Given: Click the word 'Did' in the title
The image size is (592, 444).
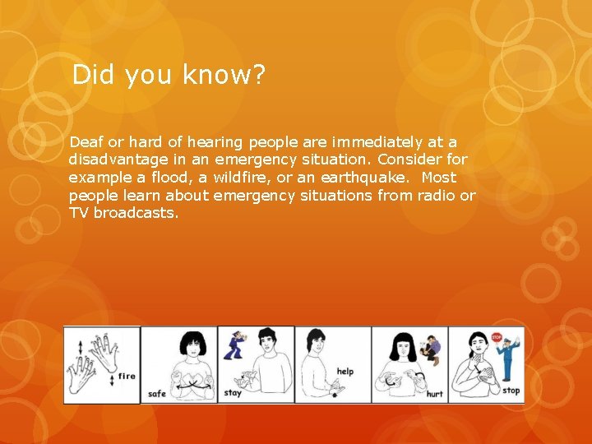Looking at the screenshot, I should (92, 76).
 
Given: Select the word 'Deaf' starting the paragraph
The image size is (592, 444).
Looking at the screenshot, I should (85, 142).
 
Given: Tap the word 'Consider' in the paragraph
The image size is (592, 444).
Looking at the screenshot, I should (409, 160).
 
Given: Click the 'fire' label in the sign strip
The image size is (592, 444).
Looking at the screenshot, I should (127, 377).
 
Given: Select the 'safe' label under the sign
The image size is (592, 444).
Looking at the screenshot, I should (157, 394).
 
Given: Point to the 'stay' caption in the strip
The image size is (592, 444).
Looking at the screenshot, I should (233, 393).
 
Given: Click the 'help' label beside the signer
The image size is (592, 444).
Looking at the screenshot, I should (345, 372).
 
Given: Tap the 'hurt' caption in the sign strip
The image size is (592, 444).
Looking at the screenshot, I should (434, 394).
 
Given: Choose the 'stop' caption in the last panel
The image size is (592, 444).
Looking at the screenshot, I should (511, 391).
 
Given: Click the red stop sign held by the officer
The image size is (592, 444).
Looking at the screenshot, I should (497, 337).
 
